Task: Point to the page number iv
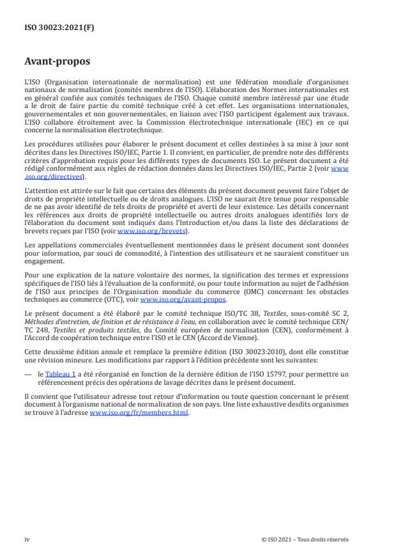27,539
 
